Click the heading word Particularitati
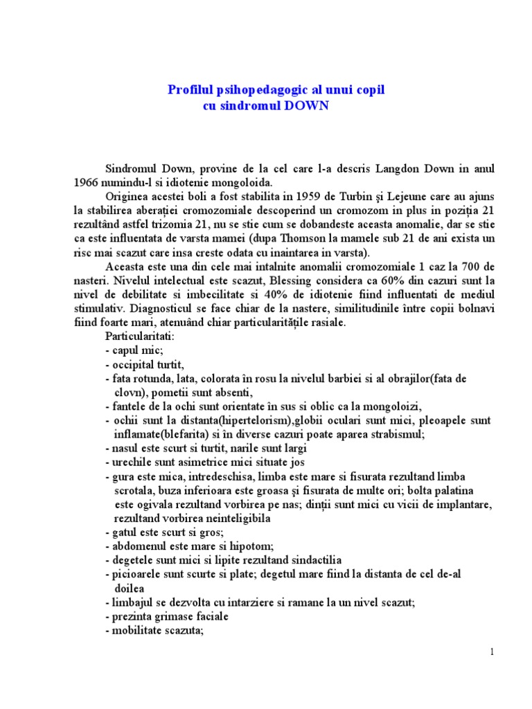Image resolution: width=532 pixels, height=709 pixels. tap(141, 336)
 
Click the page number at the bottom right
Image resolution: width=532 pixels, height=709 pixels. tap(492, 652)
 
